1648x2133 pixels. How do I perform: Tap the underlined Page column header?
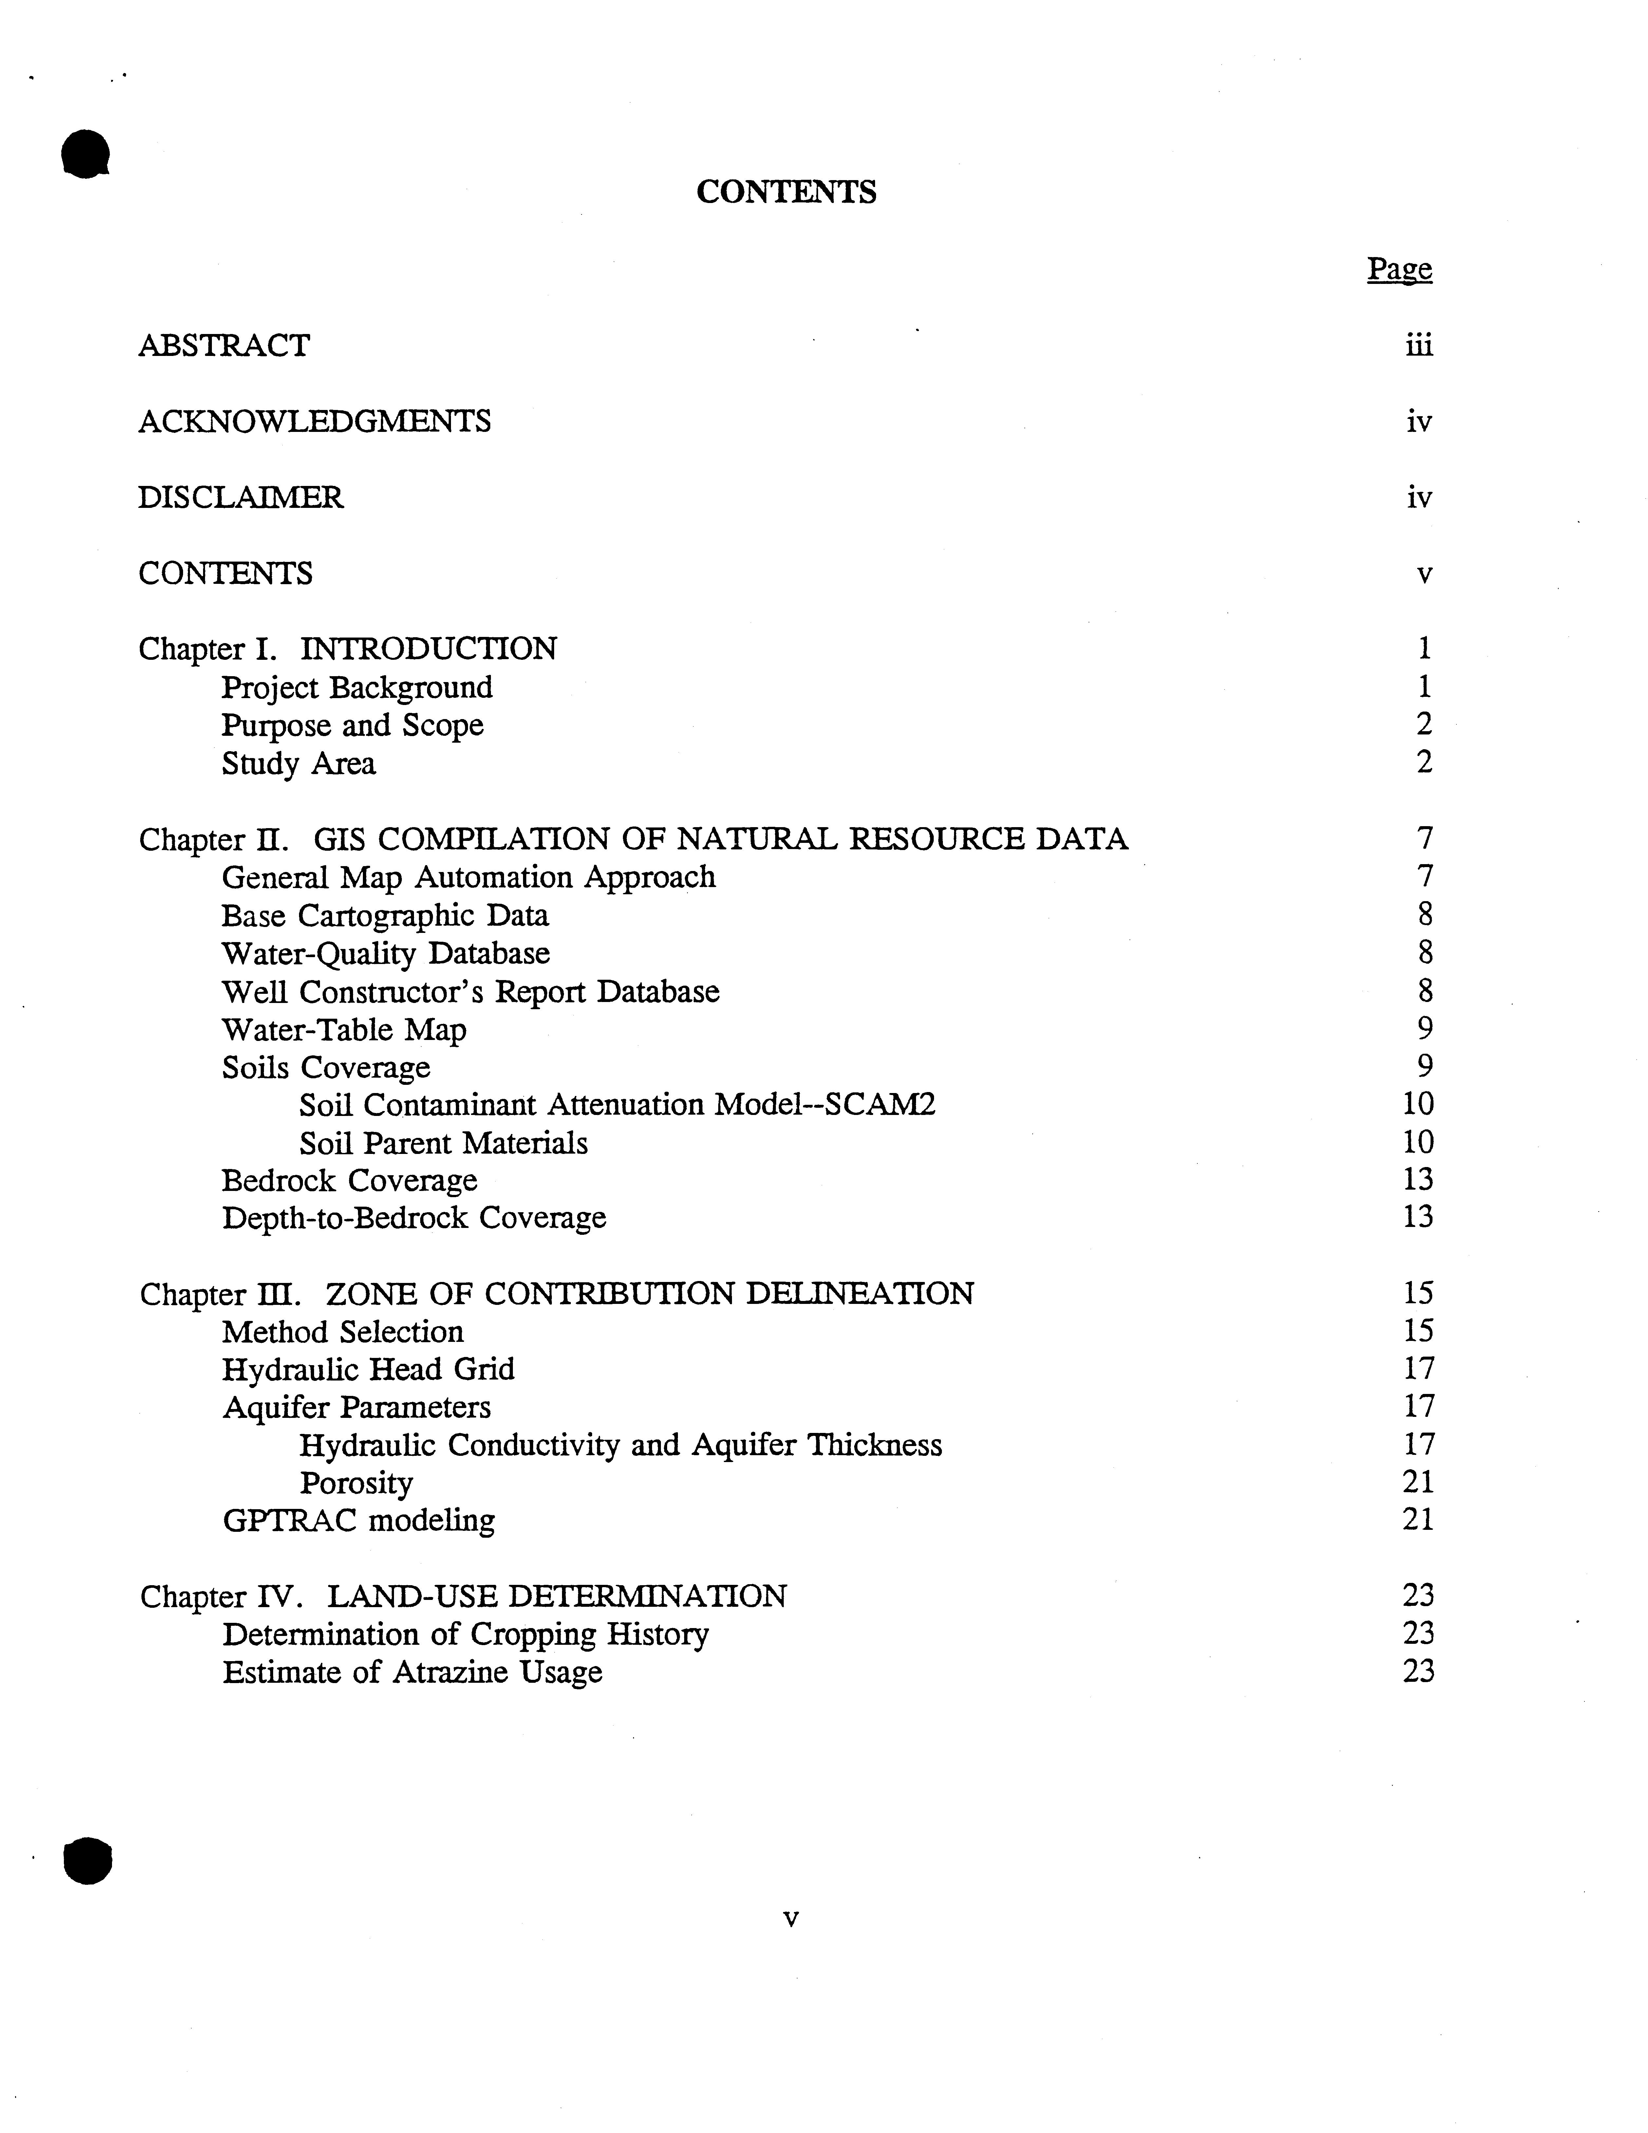(1399, 269)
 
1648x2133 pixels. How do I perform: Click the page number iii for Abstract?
(1418, 346)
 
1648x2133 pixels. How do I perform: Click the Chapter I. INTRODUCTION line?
(348, 648)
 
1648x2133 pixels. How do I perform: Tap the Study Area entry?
(298, 763)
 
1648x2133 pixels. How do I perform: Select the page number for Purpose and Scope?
(1423, 725)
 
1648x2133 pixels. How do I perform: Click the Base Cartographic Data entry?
(385, 915)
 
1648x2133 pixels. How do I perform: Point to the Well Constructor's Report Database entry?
(470, 991)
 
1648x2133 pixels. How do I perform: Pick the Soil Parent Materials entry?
(443, 1143)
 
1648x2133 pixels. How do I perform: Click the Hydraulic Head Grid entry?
(368, 1369)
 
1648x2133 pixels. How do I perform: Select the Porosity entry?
(356, 1483)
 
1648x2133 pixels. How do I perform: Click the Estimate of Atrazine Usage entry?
(412, 1672)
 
